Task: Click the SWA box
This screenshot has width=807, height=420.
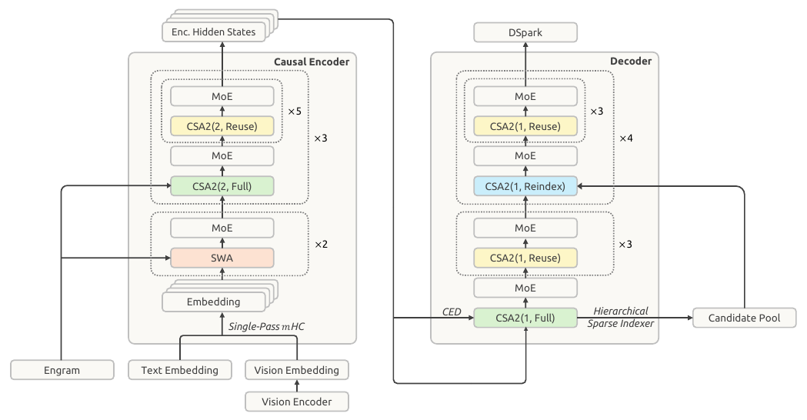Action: [222, 258]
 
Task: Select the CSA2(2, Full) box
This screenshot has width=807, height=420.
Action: [222, 186]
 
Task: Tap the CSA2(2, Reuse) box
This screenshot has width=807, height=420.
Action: [222, 126]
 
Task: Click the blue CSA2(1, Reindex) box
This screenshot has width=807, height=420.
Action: [525, 186]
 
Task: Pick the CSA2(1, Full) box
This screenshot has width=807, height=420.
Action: [525, 318]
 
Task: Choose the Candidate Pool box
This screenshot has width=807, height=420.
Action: [744, 318]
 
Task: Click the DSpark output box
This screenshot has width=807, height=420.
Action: [525, 32]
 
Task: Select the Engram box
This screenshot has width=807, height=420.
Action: [62, 370]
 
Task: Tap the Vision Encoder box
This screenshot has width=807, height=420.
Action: [296, 402]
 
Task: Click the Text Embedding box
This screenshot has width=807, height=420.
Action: [179, 370]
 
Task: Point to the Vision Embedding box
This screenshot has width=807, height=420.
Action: [296, 370]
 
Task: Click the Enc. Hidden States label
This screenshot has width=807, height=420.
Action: [214, 32]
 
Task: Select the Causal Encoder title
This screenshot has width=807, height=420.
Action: [312, 62]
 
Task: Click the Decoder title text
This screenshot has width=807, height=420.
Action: [631, 62]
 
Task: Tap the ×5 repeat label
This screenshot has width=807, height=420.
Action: [295, 112]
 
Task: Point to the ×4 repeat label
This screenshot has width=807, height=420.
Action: [626, 138]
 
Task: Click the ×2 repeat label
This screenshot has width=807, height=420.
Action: [321, 244]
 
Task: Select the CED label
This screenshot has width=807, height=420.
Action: [452, 312]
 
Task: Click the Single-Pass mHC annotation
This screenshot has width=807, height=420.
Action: [266, 326]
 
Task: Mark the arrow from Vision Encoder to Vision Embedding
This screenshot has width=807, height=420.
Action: [296, 386]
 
